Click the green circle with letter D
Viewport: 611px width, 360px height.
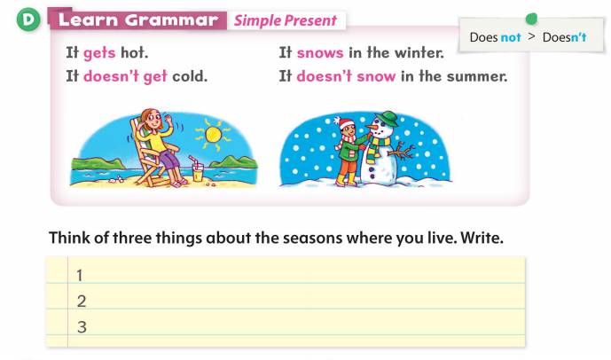(28, 20)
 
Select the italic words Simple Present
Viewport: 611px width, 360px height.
(286, 20)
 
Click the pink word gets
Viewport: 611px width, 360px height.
(99, 53)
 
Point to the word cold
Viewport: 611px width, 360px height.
(190, 76)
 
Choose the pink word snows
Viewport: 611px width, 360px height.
(320, 52)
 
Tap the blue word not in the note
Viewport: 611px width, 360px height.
(511, 37)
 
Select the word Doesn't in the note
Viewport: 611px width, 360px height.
(564, 37)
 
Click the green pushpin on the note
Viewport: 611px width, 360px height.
(531, 19)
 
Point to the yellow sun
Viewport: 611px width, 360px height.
(213, 135)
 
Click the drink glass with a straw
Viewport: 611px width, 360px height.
(197, 169)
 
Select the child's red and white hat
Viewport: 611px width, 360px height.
(345, 123)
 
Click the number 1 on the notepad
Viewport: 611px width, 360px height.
(80, 276)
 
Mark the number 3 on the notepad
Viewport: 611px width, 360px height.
(82, 327)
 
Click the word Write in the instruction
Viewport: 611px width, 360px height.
(482, 238)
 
